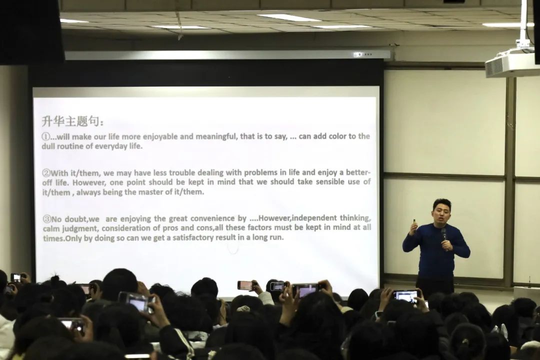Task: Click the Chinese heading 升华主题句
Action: coord(72,121)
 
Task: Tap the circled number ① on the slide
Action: coord(46,137)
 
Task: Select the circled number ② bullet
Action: coord(46,173)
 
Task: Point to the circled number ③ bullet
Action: coord(47,219)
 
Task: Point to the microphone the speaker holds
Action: coord(444,234)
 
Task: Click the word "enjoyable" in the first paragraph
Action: coord(160,136)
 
